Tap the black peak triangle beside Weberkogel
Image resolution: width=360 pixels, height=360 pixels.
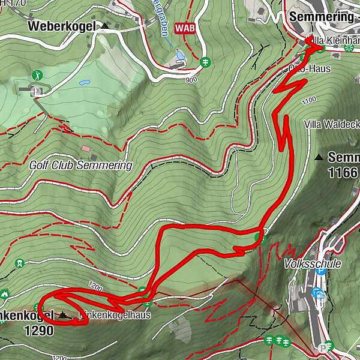tap(106, 26)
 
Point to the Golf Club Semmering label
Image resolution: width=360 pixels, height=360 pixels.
tap(80, 165)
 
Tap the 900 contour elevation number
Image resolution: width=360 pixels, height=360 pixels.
tap(191, 80)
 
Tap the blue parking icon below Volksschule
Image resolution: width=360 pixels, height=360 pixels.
tap(320, 271)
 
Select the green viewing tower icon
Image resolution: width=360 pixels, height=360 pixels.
tap(20, 263)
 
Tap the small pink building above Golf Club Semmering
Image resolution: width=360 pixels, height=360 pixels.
tap(86, 148)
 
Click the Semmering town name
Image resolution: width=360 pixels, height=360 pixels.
tap(321, 17)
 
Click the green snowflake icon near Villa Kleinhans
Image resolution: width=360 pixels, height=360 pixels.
tap(350, 47)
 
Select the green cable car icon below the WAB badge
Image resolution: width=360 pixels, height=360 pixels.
tap(205, 62)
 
